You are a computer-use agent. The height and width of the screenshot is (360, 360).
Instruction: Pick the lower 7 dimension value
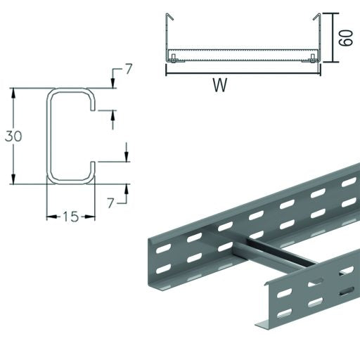coord(111,202)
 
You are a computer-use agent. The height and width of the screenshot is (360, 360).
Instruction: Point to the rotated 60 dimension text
coord(345,37)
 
